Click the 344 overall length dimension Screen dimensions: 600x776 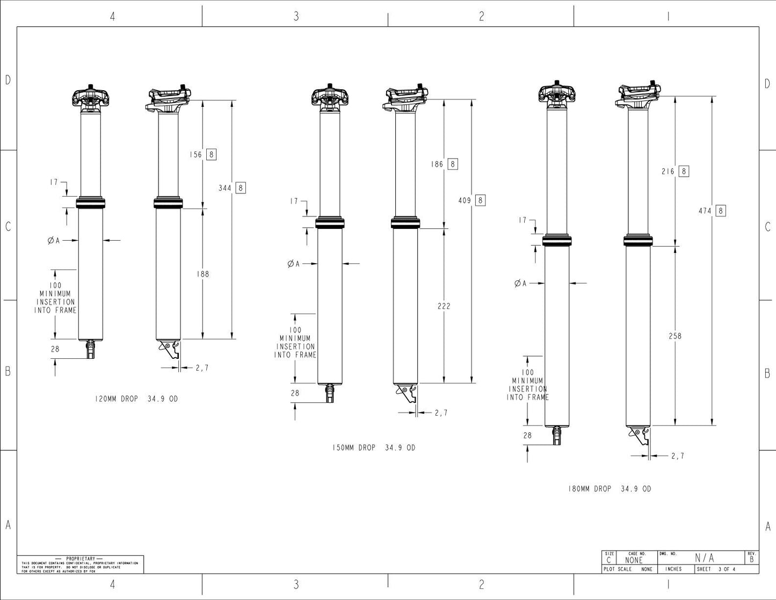click(225, 188)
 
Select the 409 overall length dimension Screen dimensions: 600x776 click(464, 200)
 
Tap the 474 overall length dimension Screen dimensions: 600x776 click(705, 211)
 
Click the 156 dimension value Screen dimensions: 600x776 click(195, 155)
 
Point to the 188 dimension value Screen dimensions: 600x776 click(202, 274)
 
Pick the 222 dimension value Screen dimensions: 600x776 click(444, 306)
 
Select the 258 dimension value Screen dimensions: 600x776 click(675, 336)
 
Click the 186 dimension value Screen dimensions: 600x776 click(437, 164)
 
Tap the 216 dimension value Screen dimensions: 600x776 click(668, 171)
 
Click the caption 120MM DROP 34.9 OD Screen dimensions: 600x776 click(136, 399)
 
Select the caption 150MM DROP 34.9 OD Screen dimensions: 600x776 click(373, 447)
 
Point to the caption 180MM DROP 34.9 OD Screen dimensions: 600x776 click(610, 489)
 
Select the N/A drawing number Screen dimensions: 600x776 click(705, 558)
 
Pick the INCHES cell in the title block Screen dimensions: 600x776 click(673, 569)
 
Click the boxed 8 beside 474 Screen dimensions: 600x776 click(721, 211)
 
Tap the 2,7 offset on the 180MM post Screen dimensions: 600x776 click(678, 456)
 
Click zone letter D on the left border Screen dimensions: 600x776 click(8, 80)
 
